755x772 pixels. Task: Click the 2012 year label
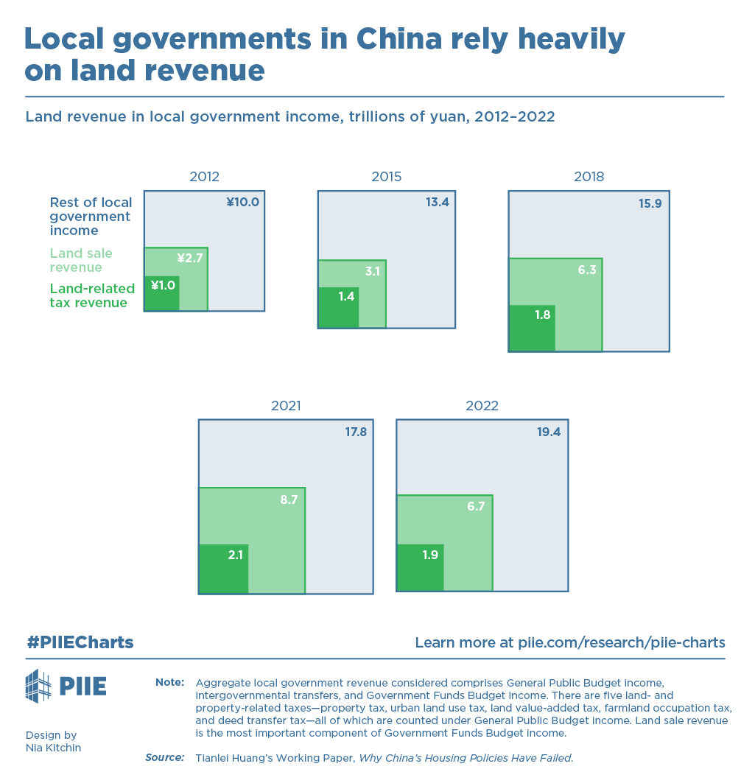[x=204, y=177]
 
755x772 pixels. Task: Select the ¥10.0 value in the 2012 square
[x=242, y=202]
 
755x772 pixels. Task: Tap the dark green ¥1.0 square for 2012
[x=161, y=293]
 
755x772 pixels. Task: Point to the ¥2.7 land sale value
[x=189, y=258]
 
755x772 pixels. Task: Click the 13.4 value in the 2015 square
[x=437, y=202]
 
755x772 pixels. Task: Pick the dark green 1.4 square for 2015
[x=338, y=307]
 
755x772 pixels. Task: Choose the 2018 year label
[x=589, y=177]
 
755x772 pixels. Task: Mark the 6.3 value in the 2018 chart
[x=586, y=270]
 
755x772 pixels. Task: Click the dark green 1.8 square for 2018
[x=531, y=329]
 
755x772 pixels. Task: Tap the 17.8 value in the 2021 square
[x=356, y=432]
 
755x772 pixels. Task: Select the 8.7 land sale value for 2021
[x=289, y=499]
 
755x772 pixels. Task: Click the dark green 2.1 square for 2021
[x=223, y=569]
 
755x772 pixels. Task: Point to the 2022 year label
[x=482, y=406]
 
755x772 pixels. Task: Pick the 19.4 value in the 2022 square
[x=549, y=432]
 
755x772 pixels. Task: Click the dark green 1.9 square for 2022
[x=420, y=567]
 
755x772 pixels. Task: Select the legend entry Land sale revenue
[x=81, y=260]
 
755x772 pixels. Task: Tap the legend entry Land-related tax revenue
[x=92, y=295]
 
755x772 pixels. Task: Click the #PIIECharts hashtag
[x=80, y=642]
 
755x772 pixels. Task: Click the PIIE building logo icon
[x=38, y=686]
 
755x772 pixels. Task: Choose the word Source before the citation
[x=164, y=757]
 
